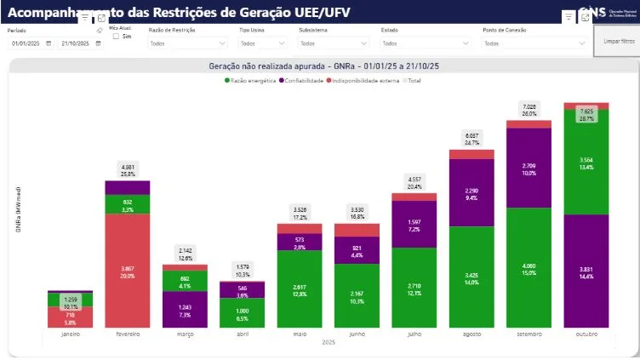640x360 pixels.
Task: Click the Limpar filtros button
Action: tap(618, 41)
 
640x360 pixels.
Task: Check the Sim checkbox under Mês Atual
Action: tap(117, 37)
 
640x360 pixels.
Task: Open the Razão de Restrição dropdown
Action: tap(188, 43)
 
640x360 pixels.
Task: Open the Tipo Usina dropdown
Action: tap(261, 43)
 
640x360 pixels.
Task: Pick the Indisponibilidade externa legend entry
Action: tap(367, 80)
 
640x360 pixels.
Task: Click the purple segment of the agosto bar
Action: tap(471, 192)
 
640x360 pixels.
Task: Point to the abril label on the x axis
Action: tap(243, 334)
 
